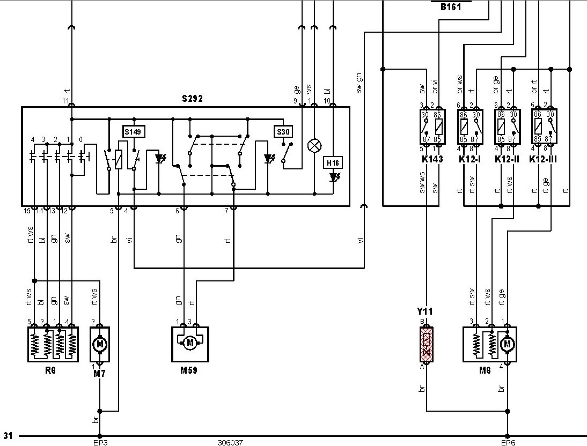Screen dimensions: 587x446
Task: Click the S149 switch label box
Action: (134, 132)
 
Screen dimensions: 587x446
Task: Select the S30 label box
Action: (283, 132)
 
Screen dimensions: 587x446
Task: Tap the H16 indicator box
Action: (333, 163)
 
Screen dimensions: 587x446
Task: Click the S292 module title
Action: (192, 99)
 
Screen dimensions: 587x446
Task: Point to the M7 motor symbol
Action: (100, 344)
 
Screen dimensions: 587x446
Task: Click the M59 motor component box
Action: (190, 344)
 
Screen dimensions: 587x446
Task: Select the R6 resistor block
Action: (53, 344)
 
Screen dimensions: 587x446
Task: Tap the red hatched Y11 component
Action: (427, 344)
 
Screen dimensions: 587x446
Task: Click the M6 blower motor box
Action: (490, 344)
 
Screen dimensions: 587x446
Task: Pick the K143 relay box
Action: (432, 127)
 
